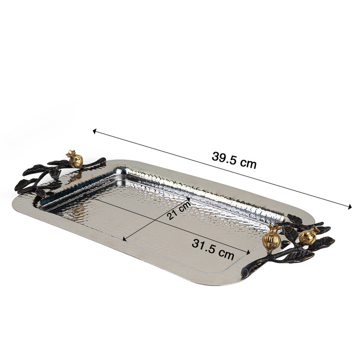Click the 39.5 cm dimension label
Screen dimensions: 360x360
[x=234, y=161]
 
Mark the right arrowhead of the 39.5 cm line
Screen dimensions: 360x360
[x=350, y=206]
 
